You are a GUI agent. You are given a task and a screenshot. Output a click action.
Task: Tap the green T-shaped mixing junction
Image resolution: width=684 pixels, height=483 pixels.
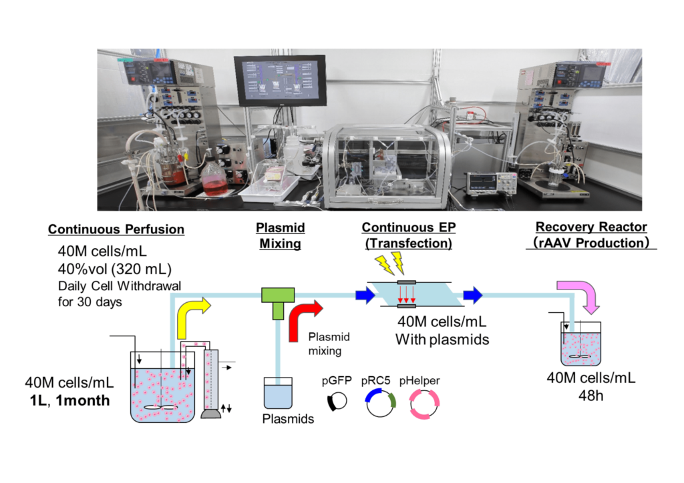(x=278, y=300)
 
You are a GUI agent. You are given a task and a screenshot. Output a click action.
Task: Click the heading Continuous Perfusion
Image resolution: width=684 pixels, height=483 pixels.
(x=116, y=229)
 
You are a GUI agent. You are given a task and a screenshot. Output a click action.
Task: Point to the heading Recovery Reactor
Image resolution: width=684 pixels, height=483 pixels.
(x=591, y=227)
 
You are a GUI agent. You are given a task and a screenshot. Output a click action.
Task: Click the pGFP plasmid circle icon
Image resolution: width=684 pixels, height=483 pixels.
(x=337, y=401)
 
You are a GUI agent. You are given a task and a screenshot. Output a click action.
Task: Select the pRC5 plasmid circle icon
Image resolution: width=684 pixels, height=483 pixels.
(x=380, y=402)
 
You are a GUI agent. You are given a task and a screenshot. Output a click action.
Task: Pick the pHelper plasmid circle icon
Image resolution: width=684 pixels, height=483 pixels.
(x=424, y=404)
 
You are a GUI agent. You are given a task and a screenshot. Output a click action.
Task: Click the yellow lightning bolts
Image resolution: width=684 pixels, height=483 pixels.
(x=390, y=263)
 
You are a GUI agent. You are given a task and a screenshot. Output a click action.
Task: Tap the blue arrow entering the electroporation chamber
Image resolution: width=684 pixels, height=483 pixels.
(x=365, y=296)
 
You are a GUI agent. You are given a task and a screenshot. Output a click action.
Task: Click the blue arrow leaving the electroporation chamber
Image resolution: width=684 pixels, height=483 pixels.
(x=472, y=295)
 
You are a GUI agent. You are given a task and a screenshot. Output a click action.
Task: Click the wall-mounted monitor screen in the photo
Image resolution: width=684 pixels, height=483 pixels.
(x=280, y=81)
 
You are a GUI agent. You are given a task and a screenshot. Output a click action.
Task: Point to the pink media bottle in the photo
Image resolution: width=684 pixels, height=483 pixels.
(x=214, y=176)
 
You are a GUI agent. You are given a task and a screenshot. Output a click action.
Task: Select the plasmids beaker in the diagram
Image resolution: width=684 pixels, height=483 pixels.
(x=278, y=393)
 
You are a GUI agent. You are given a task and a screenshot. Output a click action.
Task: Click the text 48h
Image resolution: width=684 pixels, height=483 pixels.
(x=590, y=396)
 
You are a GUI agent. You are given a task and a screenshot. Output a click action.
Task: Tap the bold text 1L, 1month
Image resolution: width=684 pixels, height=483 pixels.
(x=69, y=400)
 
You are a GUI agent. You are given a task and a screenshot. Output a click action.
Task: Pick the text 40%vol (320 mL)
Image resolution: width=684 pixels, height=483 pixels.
(x=115, y=269)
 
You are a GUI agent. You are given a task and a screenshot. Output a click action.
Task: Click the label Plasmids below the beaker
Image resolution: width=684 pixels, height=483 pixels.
(x=288, y=419)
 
